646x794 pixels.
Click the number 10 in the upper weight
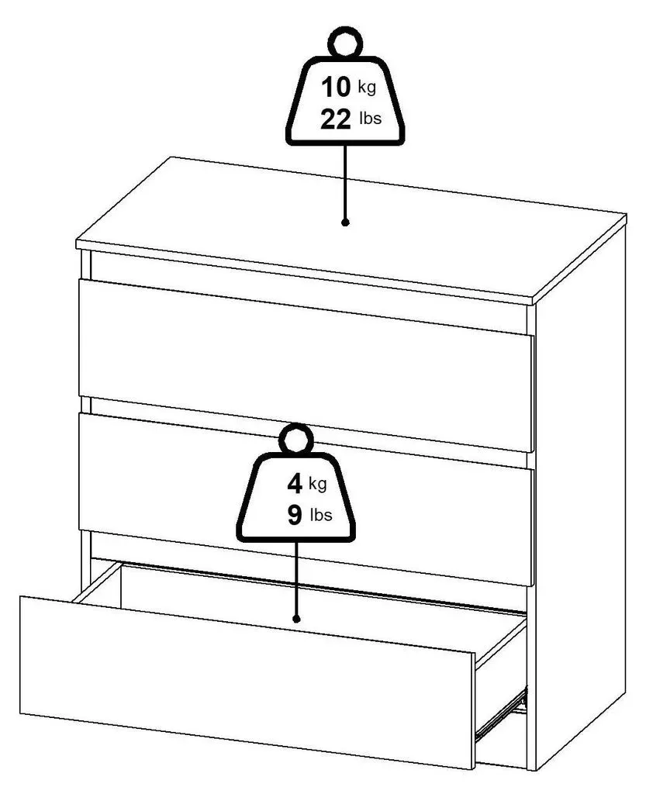pos(335,87)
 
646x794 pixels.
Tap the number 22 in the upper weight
pos(335,119)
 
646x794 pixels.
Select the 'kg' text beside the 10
pos(367,87)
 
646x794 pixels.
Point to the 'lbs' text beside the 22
pos(370,119)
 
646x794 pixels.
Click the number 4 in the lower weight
pos(295,484)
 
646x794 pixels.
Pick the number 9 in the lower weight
pos(295,516)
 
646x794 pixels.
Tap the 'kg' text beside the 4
pos(317,484)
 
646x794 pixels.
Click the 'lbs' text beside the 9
pos(321,515)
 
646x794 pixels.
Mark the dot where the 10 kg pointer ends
pos(345,223)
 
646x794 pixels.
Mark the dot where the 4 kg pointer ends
pos(297,619)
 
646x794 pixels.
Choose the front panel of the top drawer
pos(306,365)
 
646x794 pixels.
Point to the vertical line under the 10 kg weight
pos(345,182)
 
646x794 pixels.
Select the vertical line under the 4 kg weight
pos(297,578)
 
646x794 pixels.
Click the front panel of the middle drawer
pos(306,499)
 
